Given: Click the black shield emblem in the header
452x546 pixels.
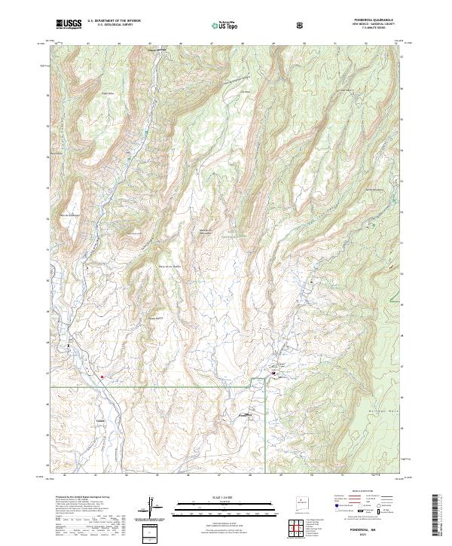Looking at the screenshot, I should coord(302,25).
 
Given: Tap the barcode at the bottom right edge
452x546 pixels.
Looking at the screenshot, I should coord(437,516).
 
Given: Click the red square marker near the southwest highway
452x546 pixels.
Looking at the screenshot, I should coord(102,375).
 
